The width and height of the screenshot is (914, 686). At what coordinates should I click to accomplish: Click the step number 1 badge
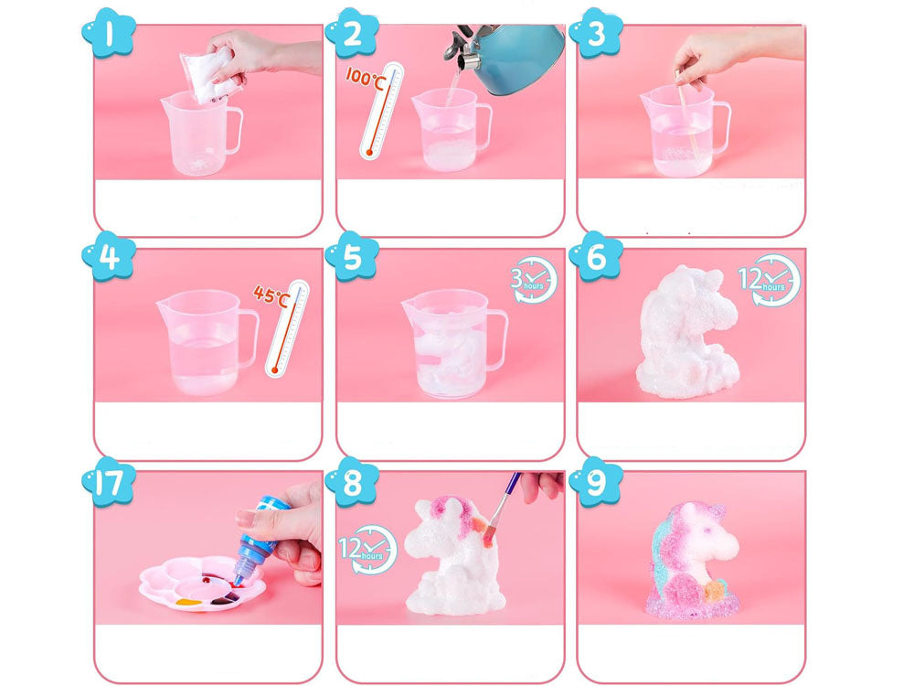[x=109, y=33]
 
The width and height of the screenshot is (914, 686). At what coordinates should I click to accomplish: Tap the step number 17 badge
[x=109, y=481]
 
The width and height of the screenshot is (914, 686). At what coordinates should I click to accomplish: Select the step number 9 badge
[x=596, y=481]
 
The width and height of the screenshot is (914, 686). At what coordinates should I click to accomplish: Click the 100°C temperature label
[x=366, y=78]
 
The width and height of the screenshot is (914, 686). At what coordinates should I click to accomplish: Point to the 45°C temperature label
[x=271, y=295]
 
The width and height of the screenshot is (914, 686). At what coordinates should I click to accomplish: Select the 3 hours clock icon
[x=534, y=281]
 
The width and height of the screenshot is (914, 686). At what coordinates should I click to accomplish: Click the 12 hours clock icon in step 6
[x=770, y=280]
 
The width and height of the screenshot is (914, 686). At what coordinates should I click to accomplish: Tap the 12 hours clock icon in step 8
[x=368, y=550]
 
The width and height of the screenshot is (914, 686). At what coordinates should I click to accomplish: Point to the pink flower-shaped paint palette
[x=202, y=584]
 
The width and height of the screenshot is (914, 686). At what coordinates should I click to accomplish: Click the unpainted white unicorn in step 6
[x=689, y=332]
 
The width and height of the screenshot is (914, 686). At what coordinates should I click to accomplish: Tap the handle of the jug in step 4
[x=249, y=340]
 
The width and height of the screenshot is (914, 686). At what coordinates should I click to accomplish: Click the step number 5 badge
[x=352, y=257]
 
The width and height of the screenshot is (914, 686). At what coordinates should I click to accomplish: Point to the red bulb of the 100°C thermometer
[x=369, y=153]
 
